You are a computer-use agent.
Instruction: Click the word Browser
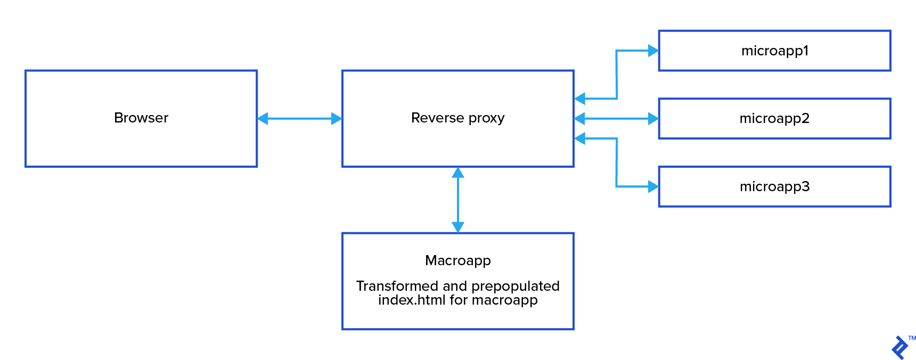tap(141, 118)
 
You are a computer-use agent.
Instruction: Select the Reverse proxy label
tap(457, 118)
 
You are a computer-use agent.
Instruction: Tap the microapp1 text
tap(775, 51)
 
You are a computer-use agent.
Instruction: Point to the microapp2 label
tap(774, 118)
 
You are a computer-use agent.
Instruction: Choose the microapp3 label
tap(774, 186)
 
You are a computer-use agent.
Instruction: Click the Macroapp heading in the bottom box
tap(457, 260)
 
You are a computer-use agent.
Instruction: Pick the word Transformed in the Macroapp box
tap(397, 286)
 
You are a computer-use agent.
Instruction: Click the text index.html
tap(412, 300)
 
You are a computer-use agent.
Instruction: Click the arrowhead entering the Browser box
tap(263, 118)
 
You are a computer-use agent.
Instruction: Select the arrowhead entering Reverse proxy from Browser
tap(337, 118)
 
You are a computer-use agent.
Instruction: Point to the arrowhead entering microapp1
tap(653, 51)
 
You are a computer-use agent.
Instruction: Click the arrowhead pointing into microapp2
tap(653, 118)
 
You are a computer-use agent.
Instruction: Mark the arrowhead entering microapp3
tap(653, 186)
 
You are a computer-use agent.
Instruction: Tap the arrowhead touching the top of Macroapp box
tap(457, 227)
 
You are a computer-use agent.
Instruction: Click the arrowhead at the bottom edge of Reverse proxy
tap(457, 173)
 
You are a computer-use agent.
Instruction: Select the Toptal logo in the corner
tap(899, 348)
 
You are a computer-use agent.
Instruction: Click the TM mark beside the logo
tap(912, 338)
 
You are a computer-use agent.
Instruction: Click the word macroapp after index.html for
tap(504, 300)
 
